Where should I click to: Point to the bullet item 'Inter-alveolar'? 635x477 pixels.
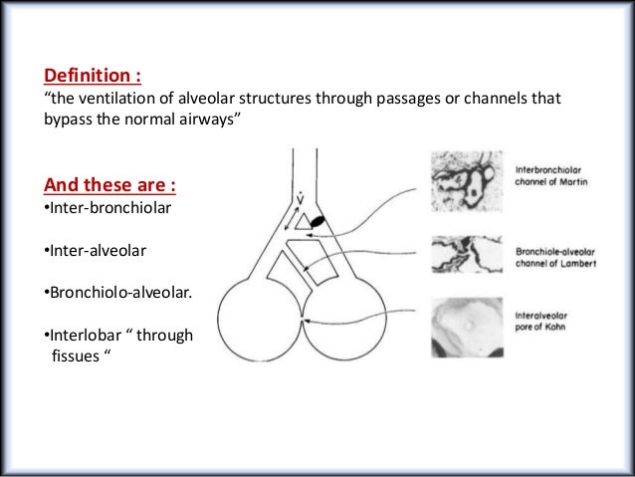point(94,251)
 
